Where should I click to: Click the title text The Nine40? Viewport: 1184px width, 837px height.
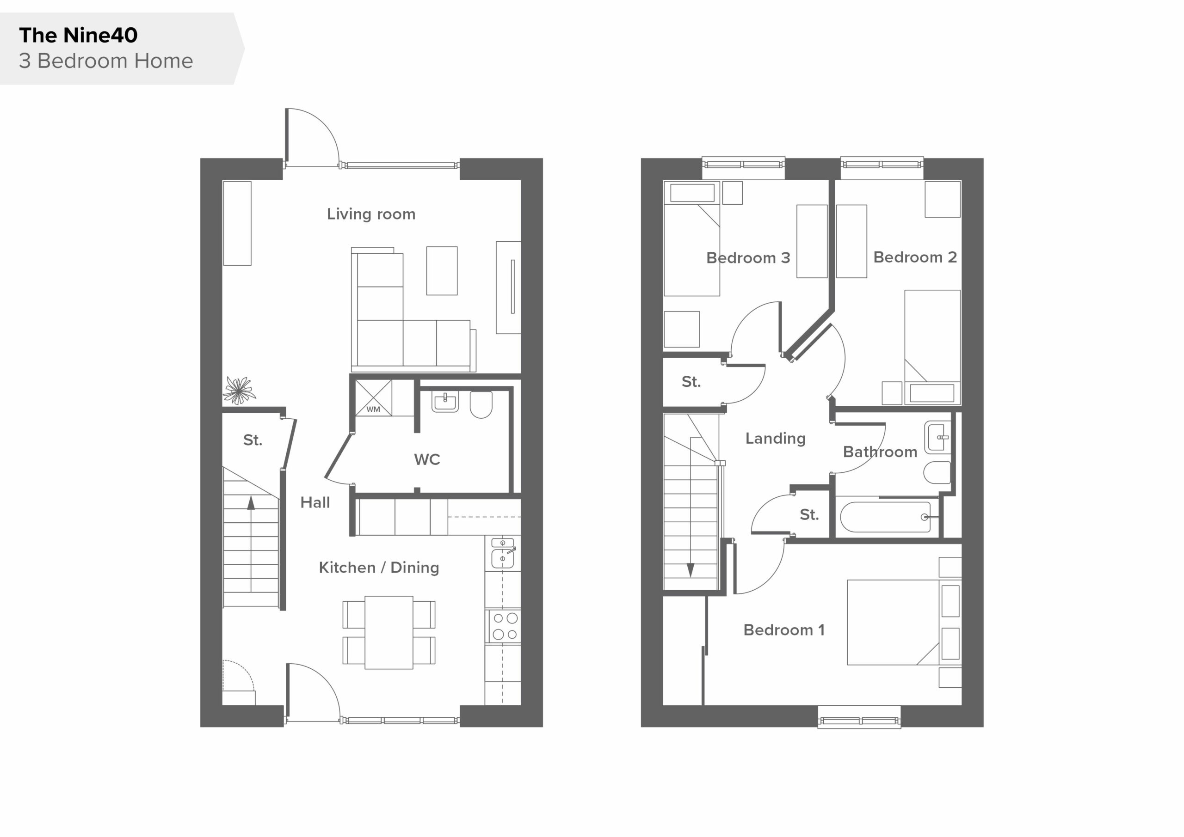78,35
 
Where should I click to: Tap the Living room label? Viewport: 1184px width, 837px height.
371,214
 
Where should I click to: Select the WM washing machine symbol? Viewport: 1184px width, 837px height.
373,398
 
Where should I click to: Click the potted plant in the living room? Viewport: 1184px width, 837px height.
239,390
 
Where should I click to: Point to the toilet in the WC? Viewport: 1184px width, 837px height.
481,404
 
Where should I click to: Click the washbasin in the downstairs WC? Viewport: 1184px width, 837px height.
445,402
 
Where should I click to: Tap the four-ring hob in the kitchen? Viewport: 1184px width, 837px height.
505,626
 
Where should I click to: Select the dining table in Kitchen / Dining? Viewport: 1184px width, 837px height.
389,632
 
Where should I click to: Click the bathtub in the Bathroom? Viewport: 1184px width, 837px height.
885,517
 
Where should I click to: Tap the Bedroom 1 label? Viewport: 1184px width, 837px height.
784,630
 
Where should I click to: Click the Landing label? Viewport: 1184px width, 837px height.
775,439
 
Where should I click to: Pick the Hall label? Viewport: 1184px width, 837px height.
315,502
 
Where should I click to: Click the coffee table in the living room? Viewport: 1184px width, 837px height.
442,270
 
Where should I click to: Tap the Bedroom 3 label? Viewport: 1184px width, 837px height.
748,258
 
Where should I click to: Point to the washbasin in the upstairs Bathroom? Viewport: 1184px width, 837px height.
937,438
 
